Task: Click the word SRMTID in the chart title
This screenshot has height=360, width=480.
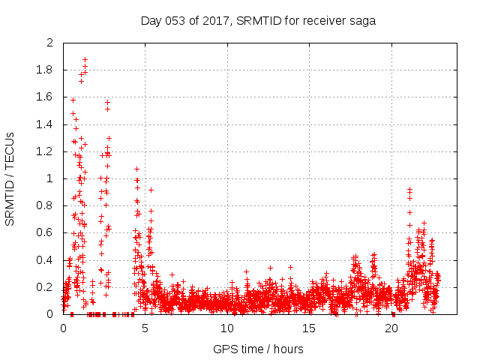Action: pyautogui.click(x=258, y=20)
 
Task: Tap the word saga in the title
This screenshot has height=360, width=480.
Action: pyautogui.click(x=363, y=20)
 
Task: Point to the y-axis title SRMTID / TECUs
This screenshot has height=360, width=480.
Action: pyautogui.click(x=10, y=178)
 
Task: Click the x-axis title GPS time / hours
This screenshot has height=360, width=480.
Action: pyautogui.click(x=258, y=349)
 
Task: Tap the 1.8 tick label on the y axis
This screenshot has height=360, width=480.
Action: pyautogui.click(x=46, y=70)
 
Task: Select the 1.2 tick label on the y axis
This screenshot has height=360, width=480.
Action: pyautogui.click(x=46, y=151)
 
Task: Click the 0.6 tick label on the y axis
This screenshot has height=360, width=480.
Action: pyautogui.click(x=46, y=233)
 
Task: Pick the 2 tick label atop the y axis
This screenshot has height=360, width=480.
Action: pyautogui.click(x=50, y=43)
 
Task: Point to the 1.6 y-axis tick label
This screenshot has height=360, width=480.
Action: pyautogui.click(x=46, y=97)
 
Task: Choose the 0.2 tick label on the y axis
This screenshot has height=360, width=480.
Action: pyautogui.click(x=46, y=287)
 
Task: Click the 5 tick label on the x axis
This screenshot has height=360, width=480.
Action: pyautogui.click(x=145, y=328)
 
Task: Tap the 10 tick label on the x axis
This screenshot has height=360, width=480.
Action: pyautogui.click(x=226, y=328)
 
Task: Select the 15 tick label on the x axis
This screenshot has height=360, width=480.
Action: pyautogui.click(x=309, y=328)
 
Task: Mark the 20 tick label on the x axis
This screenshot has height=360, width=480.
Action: pyautogui.click(x=391, y=328)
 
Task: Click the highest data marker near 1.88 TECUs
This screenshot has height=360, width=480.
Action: pyautogui.click(x=85, y=59)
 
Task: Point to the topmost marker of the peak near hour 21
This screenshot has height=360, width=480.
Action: pyautogui.click(x=409, y=190)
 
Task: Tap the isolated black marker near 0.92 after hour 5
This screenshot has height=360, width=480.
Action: pyautogui.click(x=151, y=190)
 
